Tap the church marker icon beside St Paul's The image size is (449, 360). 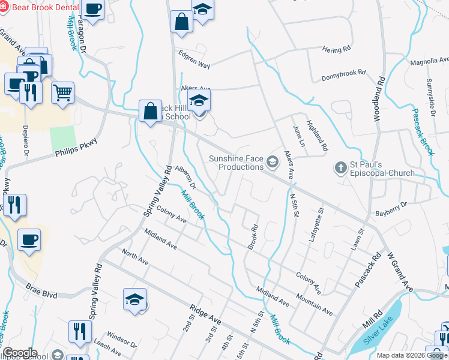340,167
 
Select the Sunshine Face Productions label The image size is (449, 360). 236,163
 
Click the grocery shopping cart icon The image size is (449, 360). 62,92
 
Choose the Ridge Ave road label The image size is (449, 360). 205,317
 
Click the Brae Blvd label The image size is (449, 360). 41,291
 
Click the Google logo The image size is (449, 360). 20,353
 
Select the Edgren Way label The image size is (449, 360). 194,58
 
